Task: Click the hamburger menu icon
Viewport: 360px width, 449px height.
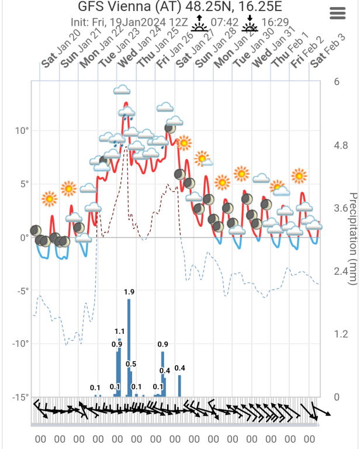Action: [338, 13]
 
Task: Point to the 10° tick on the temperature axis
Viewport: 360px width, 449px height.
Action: [22, 130]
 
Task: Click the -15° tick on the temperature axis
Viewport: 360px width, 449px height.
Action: [21, 397]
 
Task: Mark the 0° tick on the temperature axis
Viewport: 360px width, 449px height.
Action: [25, 237]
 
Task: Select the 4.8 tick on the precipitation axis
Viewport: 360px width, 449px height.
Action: [341, 145]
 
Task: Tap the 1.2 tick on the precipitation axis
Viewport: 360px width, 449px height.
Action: [341, 334]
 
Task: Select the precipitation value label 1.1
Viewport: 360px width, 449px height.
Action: [120, 331]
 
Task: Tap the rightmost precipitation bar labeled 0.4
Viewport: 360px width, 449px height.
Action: [179, 386]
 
